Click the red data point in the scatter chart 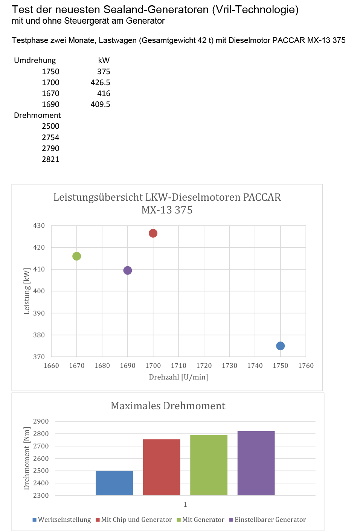[153, 233]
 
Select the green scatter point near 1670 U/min [76, 256]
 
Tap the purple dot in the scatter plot [128, 270]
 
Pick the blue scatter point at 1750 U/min [280, 346]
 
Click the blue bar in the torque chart [114, 483]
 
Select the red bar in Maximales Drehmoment [162, 467]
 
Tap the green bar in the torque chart [209, 465]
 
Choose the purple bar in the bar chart [256, 463]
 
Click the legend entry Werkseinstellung [64, 520]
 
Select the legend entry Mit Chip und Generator [136, 520]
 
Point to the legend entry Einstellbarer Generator [270, 520]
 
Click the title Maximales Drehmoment [168, 406]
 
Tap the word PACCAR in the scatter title [262, 197]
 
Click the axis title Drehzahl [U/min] [178, 377]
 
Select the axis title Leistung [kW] [26, 291]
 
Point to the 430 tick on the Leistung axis [39, 226]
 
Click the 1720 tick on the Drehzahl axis [204, 366]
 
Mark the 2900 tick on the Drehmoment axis [41, 421]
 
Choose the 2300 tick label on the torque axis [41, 495]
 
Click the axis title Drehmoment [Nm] [26, 458]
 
